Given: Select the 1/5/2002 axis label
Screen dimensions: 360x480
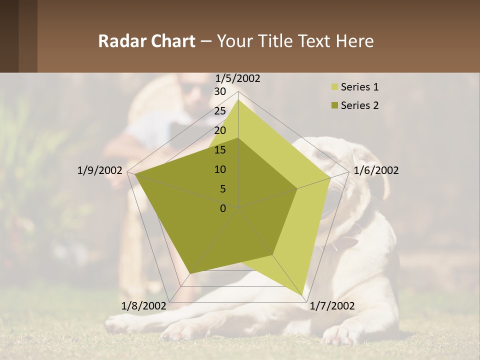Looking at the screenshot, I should [238, 78].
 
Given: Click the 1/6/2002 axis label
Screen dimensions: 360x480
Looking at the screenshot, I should [376, 170].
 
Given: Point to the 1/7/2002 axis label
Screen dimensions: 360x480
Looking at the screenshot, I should [332, 305].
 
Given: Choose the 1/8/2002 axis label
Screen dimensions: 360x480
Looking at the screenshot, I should [144, 305].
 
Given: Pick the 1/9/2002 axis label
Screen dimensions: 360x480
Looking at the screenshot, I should [100, 170].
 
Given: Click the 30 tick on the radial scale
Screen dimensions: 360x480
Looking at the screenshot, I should [220, 91].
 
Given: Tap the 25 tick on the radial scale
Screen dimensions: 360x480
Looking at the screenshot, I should [220, 111].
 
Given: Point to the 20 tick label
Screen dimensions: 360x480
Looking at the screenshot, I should [220, 130].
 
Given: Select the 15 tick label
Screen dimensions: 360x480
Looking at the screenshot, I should [220, 150].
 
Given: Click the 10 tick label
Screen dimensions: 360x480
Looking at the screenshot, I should [220, 169].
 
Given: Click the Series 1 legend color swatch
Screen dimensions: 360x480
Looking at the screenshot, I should [334, 87].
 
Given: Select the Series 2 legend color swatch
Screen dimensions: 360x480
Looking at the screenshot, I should [334, 105].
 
